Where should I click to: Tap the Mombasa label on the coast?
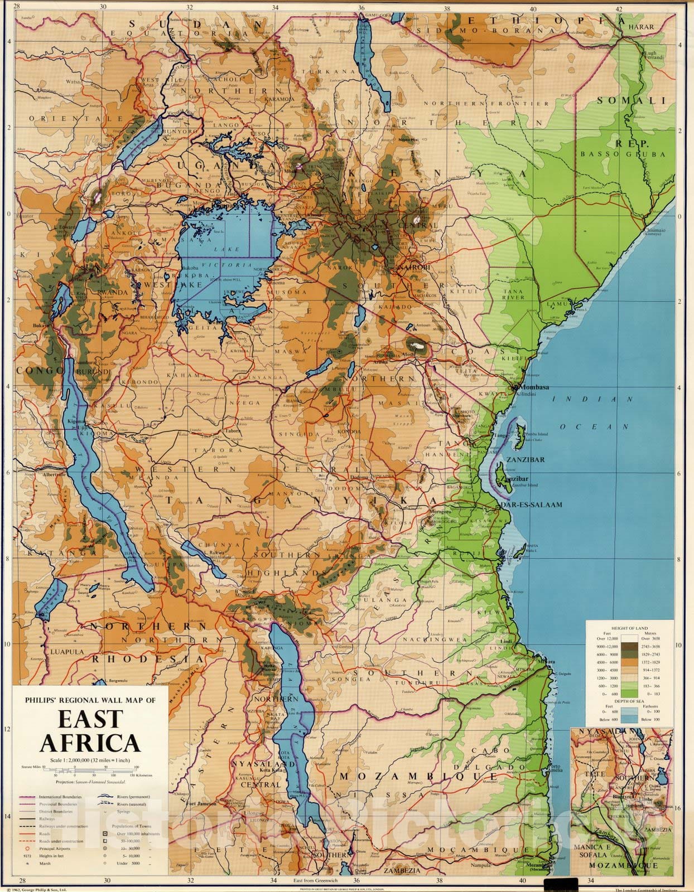pyautogui.click(x=534, y=387)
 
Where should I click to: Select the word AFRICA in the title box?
pyautogui.click(x=89, y=743)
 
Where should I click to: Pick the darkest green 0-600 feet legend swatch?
pyautogui.click(x=630, y=693)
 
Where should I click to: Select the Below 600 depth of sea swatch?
pyautogui.click(x=630, y=719)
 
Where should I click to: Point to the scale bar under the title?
pyautogui.click(x=89, y=770)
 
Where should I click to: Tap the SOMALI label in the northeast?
pyautogui.click(x=632, y=101)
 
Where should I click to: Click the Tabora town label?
pyautogui.click(x=232, y=430)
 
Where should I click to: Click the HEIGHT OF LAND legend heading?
pyautogui.click(x=630, y=628)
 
